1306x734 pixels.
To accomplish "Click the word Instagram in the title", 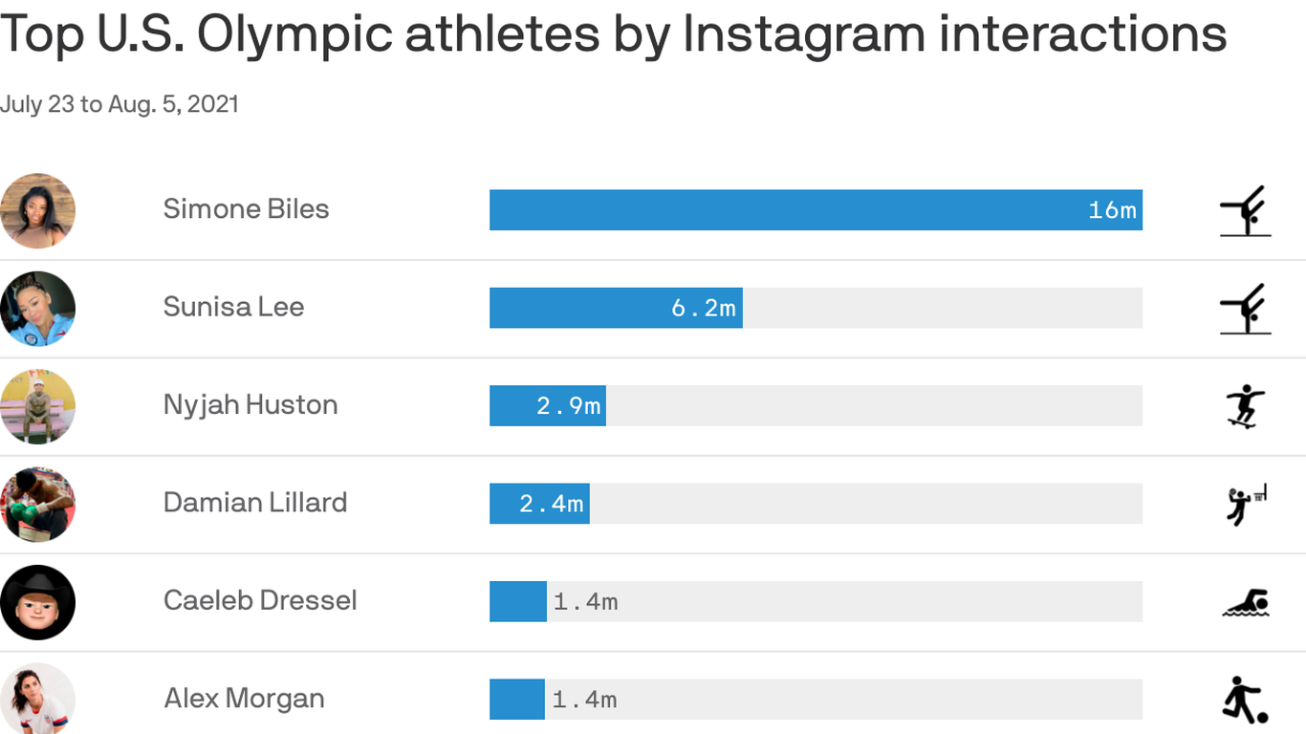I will click(x=803, y=34).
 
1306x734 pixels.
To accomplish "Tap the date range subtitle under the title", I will click(x=120, y=104).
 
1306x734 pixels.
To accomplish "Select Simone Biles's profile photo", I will click(x=37, y=210).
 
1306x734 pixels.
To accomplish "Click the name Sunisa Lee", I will click(x=233, y=307).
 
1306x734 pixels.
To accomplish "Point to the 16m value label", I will click(x=1112, y=210).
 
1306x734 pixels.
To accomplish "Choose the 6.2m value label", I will click(x=704, y=308).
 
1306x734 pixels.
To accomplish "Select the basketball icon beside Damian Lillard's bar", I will click(x=1245, y=505).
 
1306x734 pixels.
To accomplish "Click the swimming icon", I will click(x=1245, y=604).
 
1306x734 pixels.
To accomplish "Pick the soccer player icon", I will click(x=1245, y=701).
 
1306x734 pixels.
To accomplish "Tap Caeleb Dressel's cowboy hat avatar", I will click(x=37, y=602).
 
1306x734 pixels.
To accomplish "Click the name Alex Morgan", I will click(x=244, y=699).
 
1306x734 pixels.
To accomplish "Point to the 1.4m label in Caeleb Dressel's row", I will click(x=585, y=602).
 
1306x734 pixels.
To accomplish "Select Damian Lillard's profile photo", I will click(x=37, y=504).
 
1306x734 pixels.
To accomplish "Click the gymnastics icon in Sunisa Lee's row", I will click(x=1245, y=308).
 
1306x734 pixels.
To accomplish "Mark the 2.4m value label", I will click(x=552, y=504).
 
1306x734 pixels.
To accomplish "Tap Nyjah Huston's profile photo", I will click(x=37, y=406).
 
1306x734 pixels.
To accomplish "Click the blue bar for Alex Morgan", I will click(x=517, y=699).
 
